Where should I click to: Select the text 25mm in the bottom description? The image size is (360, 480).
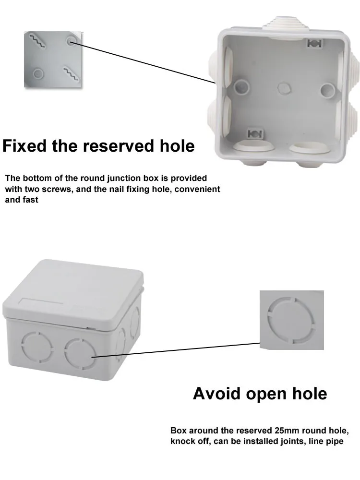288,430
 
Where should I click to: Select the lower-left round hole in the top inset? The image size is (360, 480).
37,73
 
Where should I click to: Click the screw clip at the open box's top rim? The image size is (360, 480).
314,44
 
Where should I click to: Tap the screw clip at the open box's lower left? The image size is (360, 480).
253,133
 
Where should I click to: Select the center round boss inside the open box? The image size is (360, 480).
284,88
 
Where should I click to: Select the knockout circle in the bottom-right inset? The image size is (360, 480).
291,320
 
